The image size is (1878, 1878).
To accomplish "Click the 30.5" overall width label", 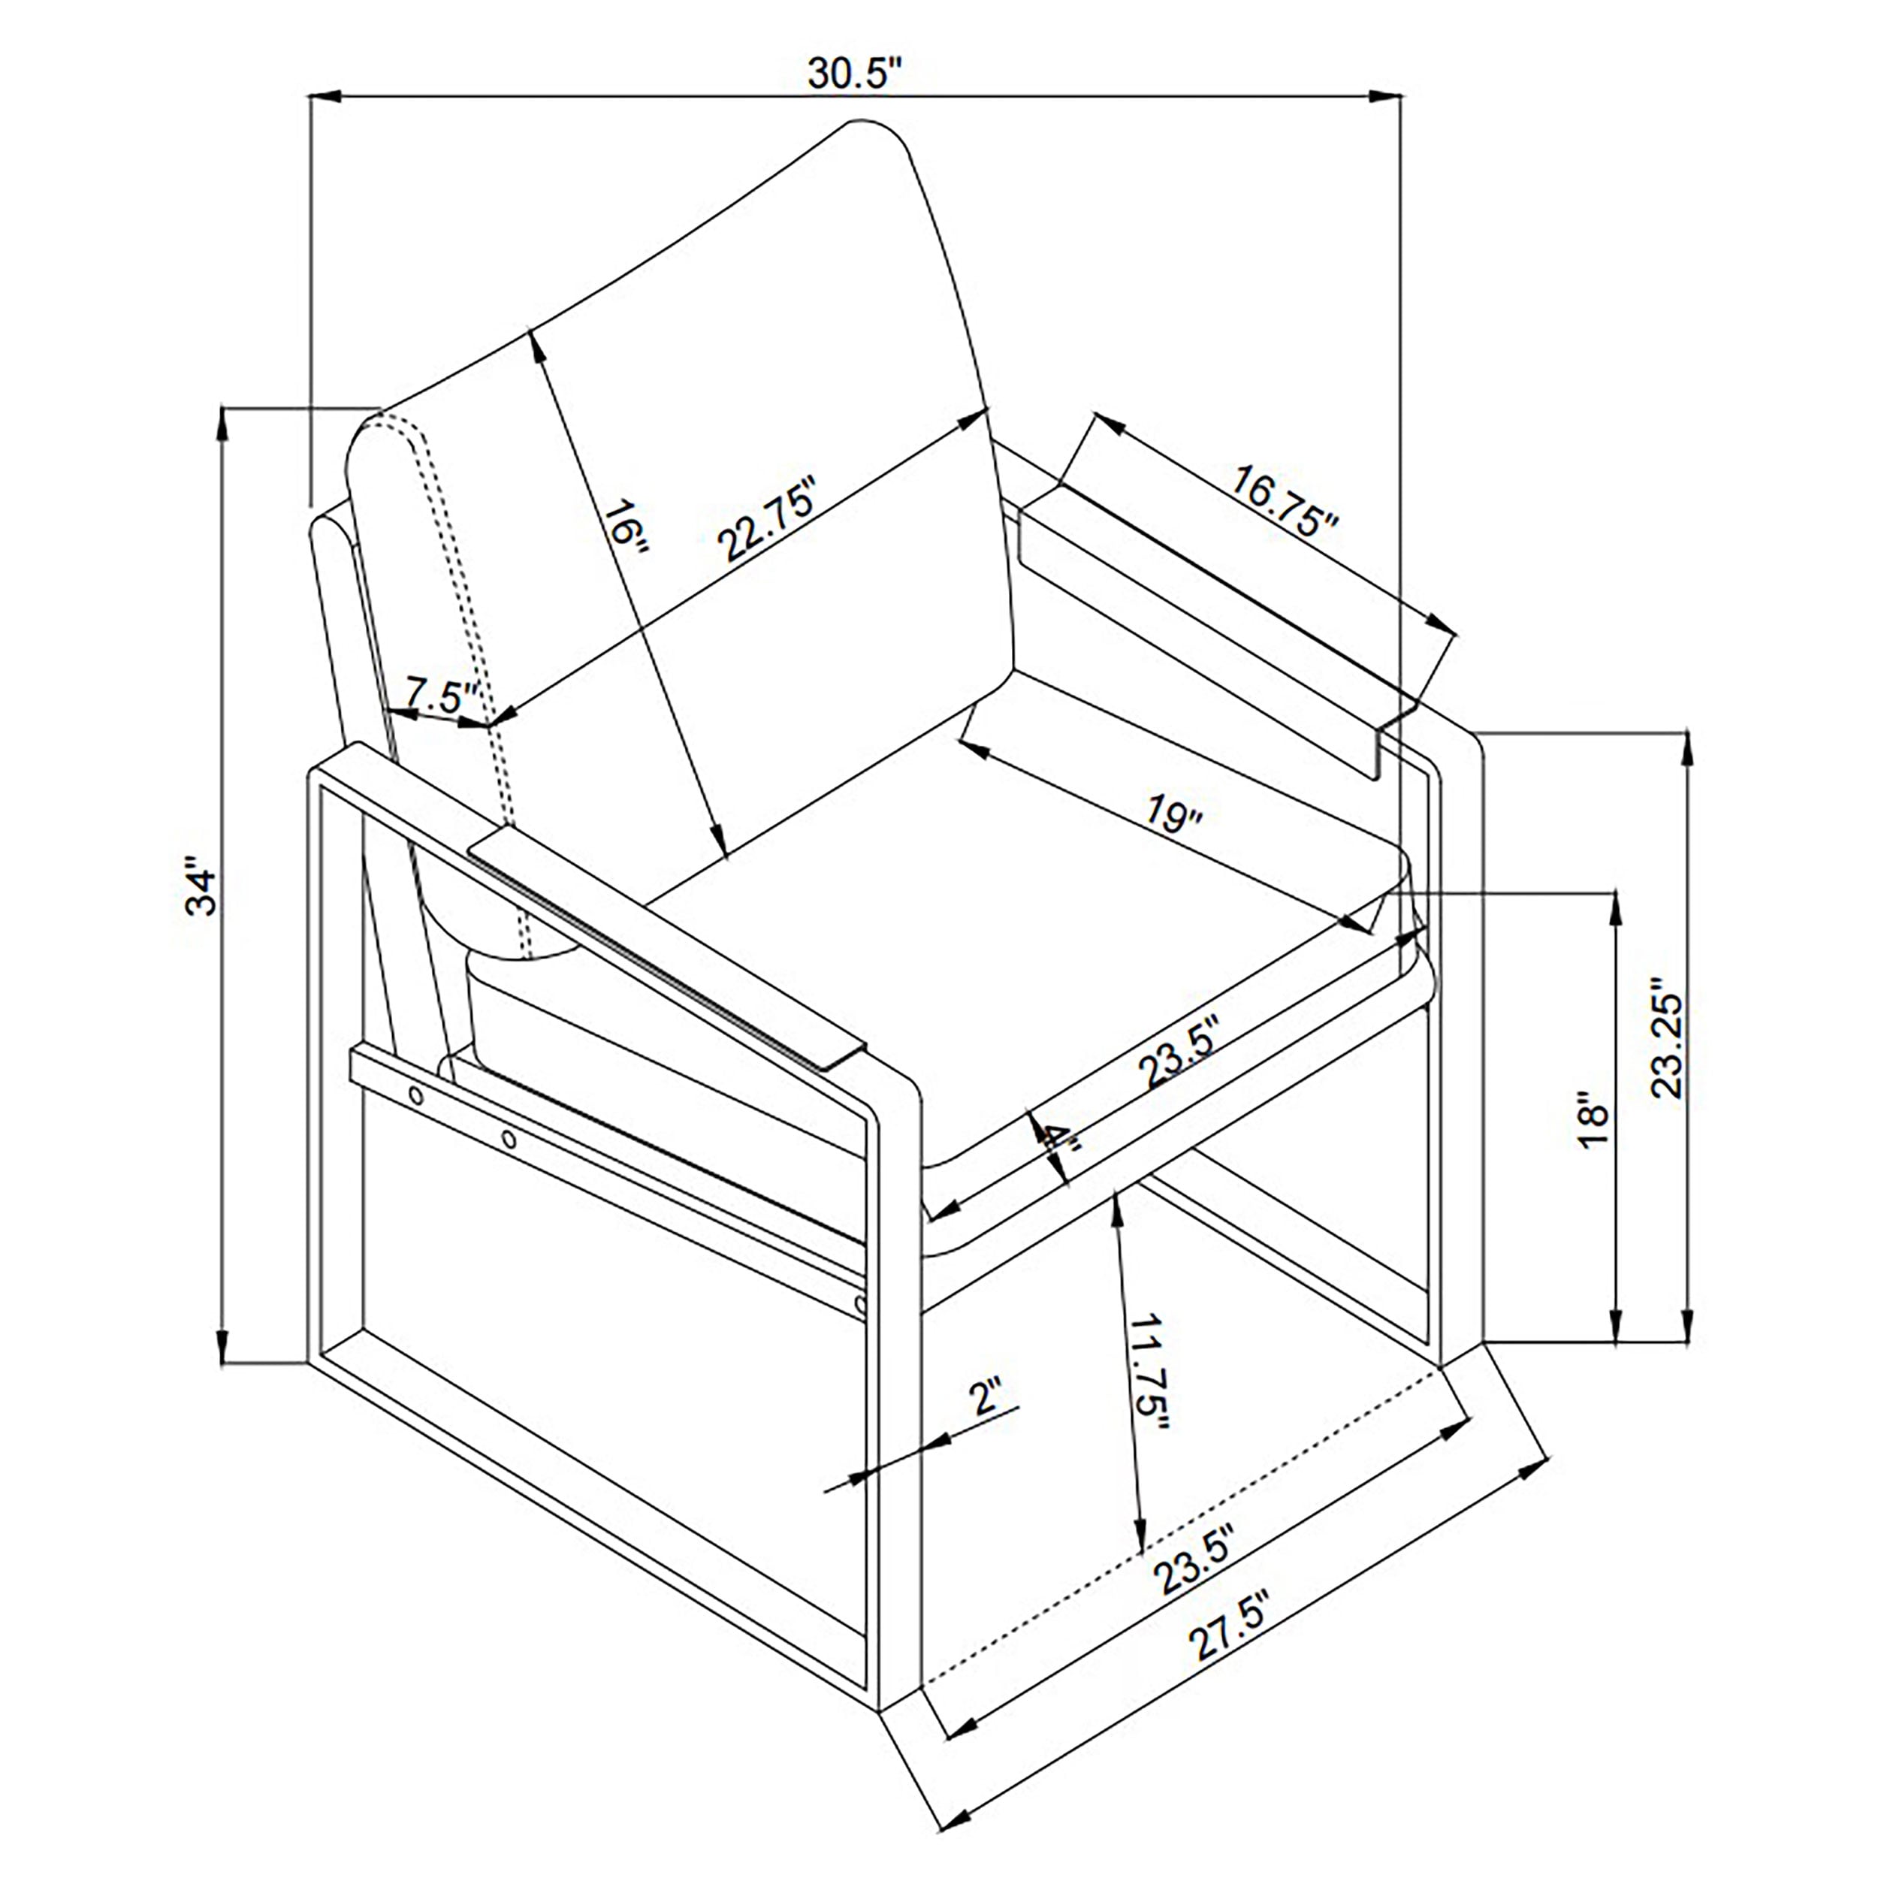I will pos(856,73).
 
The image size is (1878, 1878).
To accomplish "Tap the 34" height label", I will pos(202,886).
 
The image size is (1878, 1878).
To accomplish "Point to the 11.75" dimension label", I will pos(1148,1372).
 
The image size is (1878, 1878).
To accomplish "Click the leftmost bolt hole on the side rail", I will pos(417,1095).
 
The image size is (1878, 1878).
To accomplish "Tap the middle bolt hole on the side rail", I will pos(509,1138).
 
